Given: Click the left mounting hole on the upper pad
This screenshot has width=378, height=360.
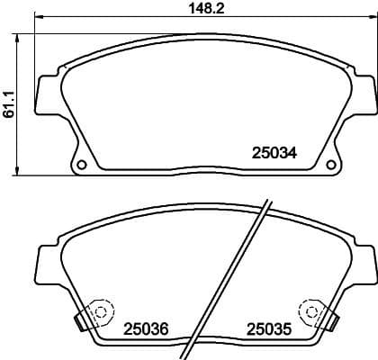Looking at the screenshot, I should pos(82,165).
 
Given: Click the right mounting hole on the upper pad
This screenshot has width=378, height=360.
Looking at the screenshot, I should pos(311,165).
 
